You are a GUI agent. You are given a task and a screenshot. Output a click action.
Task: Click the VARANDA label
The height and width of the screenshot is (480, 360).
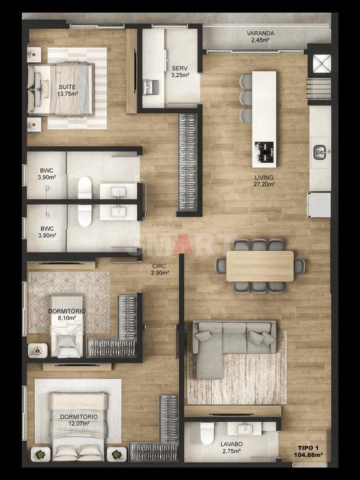[x=260, y=33]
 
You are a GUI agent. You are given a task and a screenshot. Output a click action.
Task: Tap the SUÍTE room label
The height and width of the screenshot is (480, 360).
[x=67, y=87]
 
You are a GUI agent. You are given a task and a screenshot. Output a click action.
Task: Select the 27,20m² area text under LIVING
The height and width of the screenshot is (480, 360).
[x=264, y=184]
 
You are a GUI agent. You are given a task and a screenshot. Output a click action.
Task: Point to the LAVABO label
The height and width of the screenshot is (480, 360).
[x=232, y=444]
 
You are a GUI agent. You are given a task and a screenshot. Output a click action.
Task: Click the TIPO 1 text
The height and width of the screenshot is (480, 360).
[x=308, y=448]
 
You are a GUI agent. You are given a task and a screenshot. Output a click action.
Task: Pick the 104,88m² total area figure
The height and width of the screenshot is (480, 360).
[x=308, y=455]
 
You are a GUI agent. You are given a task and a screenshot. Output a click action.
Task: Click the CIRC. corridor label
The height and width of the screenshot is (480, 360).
[x=159, y=266]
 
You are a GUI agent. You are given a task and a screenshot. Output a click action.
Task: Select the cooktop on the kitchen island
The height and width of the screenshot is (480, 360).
[x=264, y=152]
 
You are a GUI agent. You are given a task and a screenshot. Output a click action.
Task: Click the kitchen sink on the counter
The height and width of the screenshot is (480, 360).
[x=320, y=152]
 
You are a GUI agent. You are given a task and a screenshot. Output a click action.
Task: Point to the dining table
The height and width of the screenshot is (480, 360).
[x=260, y=266]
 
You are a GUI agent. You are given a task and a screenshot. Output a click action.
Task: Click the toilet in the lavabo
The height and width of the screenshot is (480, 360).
[x=207, y=433]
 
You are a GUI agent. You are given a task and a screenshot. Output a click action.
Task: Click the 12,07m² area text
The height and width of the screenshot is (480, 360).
[x=79, y=424]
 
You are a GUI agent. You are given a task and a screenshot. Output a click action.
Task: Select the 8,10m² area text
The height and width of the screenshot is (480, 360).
[x=67, y=318]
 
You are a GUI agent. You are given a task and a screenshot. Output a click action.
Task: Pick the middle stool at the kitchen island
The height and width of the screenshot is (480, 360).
[x=246, y=98]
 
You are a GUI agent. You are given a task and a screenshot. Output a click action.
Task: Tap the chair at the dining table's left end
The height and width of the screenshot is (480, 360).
[x=221, y=266]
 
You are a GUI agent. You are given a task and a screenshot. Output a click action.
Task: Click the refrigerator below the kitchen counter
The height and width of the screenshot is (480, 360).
[x=319, y=205]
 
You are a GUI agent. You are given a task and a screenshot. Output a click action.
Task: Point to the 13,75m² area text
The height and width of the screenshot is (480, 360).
[x=67, y=94]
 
